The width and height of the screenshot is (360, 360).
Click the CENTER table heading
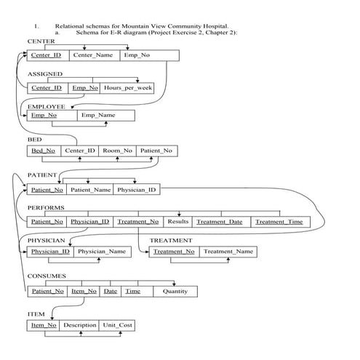click(x=41, y=41)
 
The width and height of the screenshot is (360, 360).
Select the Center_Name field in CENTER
click(x=93, y=55)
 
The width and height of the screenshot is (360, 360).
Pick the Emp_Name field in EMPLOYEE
click(x=97, y=116)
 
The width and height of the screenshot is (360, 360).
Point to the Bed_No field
click(x=43, y=151)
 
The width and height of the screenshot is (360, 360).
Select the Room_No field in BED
click(x=117, y=151)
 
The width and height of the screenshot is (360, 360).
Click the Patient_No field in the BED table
click(x=156, y=151)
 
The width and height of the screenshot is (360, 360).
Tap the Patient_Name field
click(x=91, y=190)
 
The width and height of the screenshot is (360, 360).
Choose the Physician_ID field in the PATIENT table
click(x=137, y=190)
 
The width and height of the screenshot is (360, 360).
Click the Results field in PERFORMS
click(x=177, y=221)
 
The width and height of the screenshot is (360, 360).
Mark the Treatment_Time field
click(x=279, y=221)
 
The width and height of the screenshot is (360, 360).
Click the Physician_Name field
click(x=102, y=252)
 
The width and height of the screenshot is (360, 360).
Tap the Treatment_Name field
click(x=228, y=252)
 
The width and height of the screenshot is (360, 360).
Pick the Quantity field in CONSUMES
click(x=175, y=291)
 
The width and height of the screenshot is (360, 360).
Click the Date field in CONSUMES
click(x=110, y=291)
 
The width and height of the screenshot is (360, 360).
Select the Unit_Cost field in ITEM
click(x=117, y=325)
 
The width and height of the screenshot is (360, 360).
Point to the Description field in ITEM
click(x=80, y=325)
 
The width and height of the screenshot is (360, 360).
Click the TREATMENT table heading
click(x=171, y=240)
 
